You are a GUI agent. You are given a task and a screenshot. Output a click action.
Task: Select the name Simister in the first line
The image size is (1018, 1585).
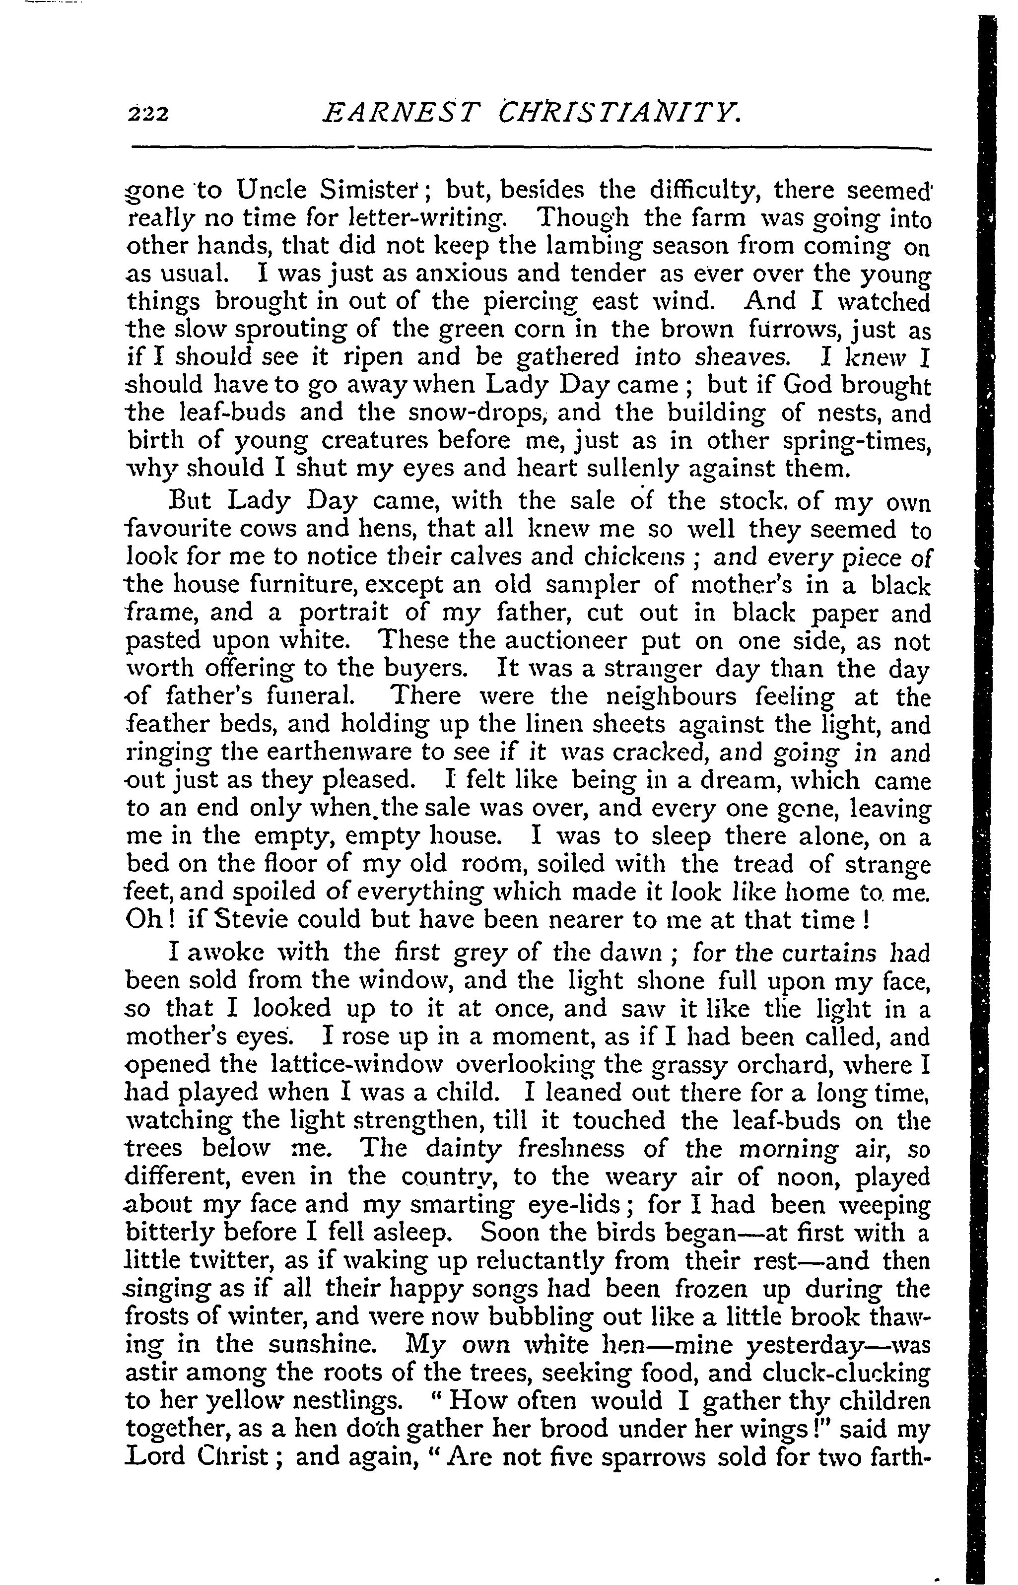click(371, 191)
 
